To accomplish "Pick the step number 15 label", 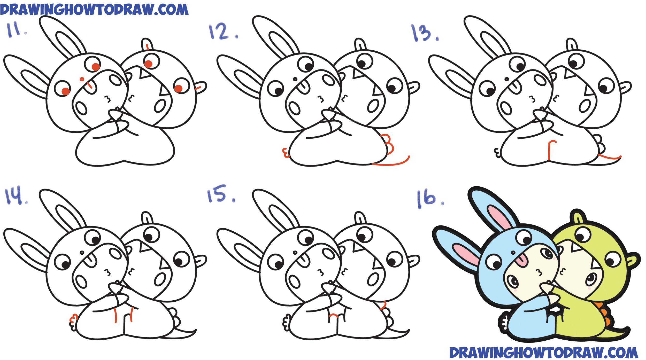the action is (221, 194).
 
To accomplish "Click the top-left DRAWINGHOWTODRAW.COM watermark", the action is (94, 10).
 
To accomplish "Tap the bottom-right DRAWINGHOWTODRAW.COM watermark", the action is (544, 353).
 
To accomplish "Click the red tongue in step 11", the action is (89, 85).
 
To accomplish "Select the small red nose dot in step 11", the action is (82, 79).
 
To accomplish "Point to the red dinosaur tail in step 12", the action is (391, 162).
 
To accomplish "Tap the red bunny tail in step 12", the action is (286, 153).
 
